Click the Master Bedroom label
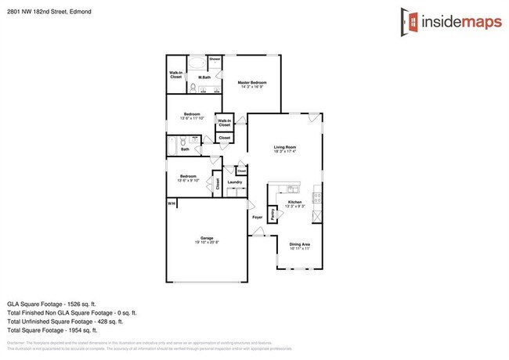[x=252, y=82]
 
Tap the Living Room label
[x=284, y=147]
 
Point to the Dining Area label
[x=300, y=244]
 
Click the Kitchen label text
[x=295, y=202]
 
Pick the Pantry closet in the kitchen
[x=272, y=213]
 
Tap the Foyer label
[x=256, y=217]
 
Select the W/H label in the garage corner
[x=171, y=203]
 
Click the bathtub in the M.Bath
[x=197, y=63]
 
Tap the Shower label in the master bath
[x=215, y=59]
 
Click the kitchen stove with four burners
[x=316, y=195]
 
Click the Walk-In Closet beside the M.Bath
[x=176, y=75]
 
